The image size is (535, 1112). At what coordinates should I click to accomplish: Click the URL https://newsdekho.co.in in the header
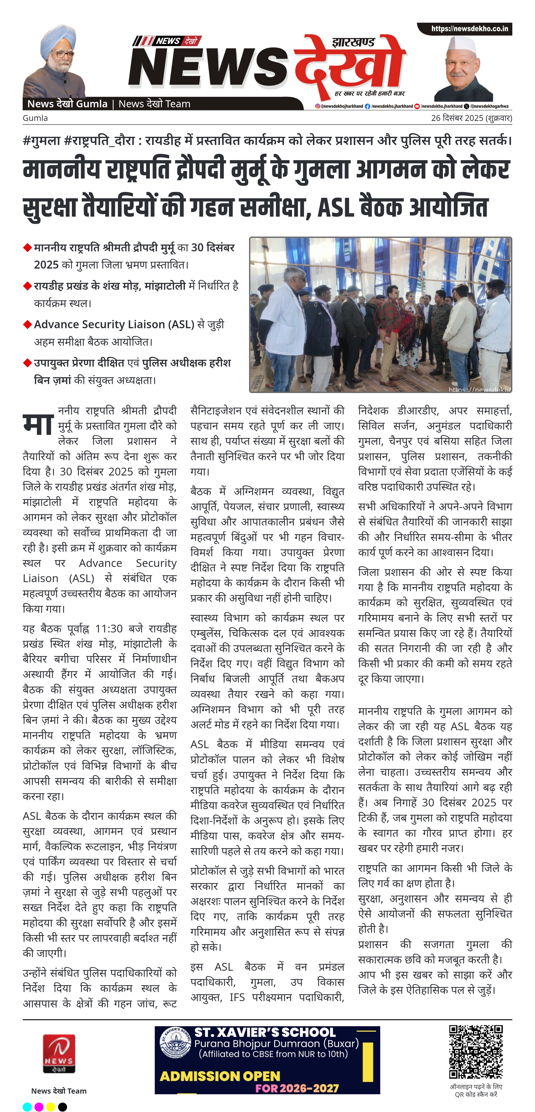click(469, 29)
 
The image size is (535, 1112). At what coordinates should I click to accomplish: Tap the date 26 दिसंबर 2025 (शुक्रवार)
click(471, 118)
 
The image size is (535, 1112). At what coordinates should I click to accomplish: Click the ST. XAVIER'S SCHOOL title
click(265, 1032)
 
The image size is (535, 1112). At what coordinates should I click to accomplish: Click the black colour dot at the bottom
click(63, 1106)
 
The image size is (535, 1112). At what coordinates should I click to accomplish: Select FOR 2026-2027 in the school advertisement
click(297, 1088)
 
